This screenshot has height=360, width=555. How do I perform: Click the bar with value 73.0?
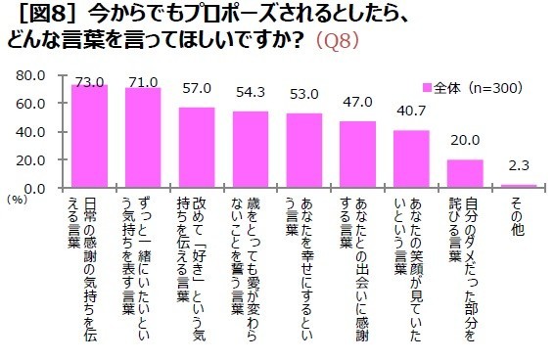click(x=89, y=137)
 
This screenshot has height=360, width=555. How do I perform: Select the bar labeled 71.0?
click(x=143, y=138)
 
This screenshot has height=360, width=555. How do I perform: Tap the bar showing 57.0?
click(x=197, y=148)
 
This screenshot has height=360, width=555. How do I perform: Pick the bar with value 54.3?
click(x=251, y=150)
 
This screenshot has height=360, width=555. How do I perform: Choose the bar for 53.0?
click(x=303, y=151)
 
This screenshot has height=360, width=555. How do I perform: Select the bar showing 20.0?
click(x=465, y=174)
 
